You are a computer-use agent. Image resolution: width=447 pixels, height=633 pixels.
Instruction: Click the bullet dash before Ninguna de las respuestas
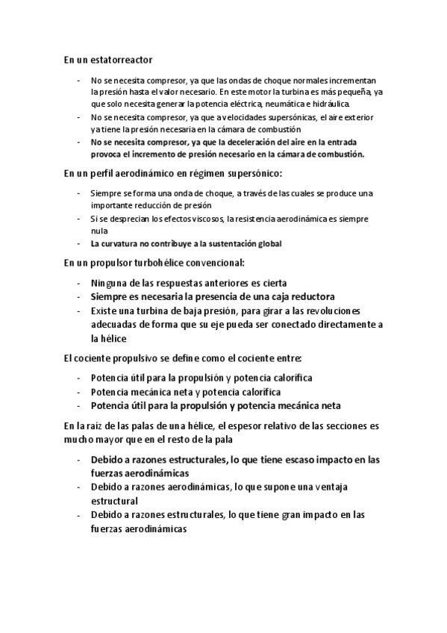click(79, 283)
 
